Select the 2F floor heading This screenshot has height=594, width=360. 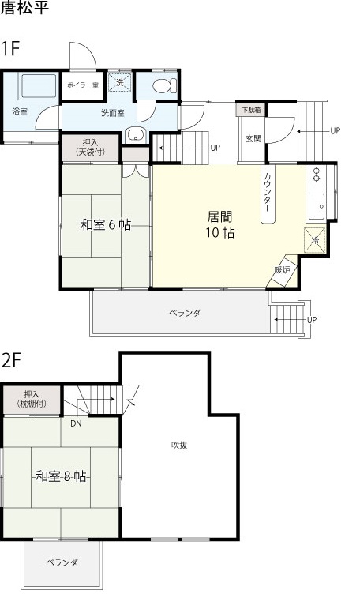(10, 360)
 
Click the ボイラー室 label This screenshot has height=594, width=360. (82, 85)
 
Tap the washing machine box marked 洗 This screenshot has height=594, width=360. (119, 82)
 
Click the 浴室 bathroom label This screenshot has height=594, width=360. (19, 112)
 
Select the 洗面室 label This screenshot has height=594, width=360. (112, 113)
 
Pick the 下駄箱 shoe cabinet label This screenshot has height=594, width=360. (250, 110)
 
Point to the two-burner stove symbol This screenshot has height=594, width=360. (317, 175)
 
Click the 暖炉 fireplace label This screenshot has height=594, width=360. (282, 270)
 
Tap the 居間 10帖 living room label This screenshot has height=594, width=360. (219, 224)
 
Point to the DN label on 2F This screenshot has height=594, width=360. (75, 423)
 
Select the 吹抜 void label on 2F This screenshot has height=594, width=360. (179, 445)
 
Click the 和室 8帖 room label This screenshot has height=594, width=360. (61, 476)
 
